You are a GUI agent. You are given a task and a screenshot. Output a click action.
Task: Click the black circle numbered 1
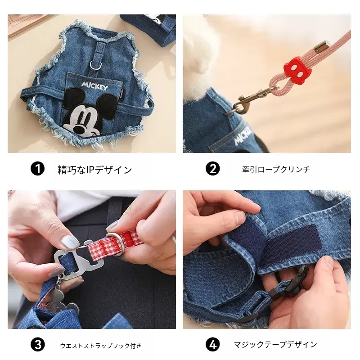click(x=37, y=169)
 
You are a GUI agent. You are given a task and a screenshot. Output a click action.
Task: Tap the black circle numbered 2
click(x=212, y=169)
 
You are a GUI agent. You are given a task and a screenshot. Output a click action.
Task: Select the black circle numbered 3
click(x=37, y=345)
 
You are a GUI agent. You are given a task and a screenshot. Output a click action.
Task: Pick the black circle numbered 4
click(x=212, y=344)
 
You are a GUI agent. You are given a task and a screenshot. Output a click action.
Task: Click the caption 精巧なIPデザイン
click(x=95, y=170)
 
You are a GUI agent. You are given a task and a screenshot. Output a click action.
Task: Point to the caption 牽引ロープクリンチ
click(x=276, y=170)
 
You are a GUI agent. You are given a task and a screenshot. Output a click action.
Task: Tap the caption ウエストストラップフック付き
click(x=100, y=346)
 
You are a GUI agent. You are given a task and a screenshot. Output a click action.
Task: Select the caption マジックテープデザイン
click(x=275, y=344)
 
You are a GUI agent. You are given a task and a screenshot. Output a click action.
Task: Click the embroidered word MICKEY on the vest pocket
click(x=94, y=86)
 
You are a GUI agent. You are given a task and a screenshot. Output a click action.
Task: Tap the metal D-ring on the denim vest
click(x=96, y=65)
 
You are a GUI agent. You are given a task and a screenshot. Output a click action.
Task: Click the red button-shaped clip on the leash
click(x=295, y=69)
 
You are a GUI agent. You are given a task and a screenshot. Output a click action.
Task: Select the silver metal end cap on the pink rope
click(x=322, y=45)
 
